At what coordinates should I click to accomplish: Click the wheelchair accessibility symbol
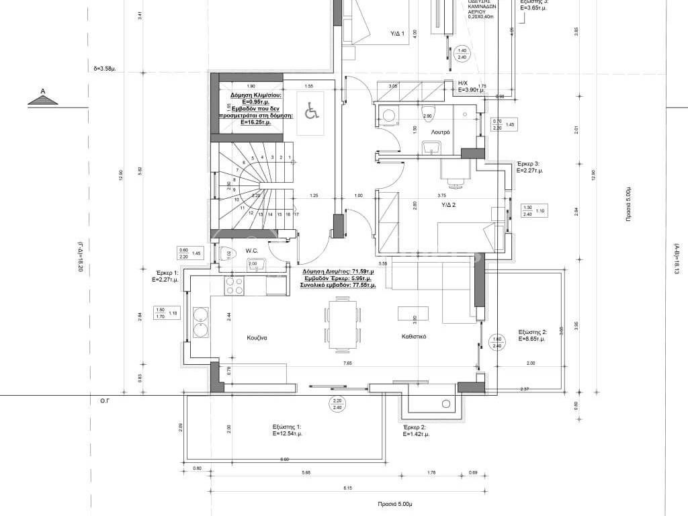click(x=311, y=111)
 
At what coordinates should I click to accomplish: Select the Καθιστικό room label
click(x=415, y=337)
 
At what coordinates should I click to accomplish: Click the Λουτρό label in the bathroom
click(x=439, y=133)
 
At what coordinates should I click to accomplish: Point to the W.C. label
click(x=252, y=251)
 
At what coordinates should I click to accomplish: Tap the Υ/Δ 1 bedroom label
click(x=397, y=33)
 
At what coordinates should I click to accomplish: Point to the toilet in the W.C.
click(x=224, y=253)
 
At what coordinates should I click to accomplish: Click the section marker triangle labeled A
click(x=42, y=99)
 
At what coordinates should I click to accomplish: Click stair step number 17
click(x=295, y=214)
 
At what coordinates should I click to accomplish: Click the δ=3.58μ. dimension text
click(x=105, y=69)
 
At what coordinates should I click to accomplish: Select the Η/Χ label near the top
click(x=462, y=83)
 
